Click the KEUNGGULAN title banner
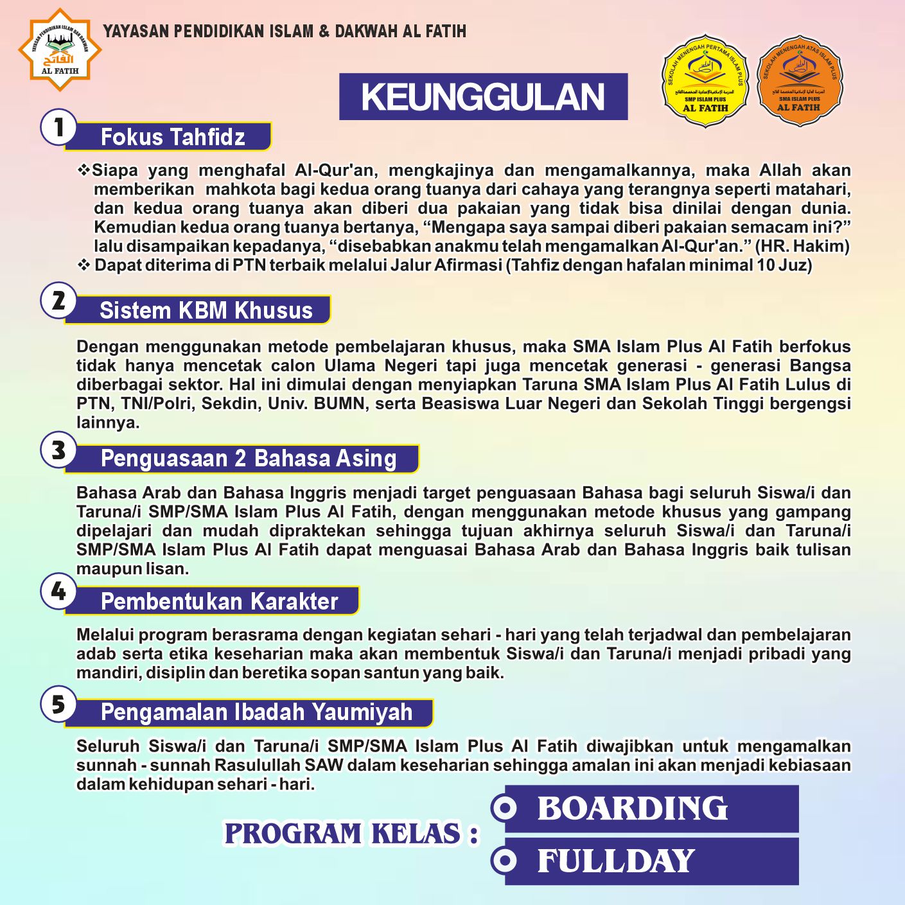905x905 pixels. [483, 97]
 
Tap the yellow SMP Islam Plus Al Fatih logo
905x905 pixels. [705, 80]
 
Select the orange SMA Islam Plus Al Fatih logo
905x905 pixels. [800, 80]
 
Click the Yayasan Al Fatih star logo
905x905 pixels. [60, 49]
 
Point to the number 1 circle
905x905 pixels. [58, 127]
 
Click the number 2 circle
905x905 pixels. [58, 300]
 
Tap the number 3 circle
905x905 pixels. [58, 450]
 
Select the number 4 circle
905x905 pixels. [58, 591]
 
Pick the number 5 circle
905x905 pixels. [58, 704]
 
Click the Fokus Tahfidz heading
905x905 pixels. [173, 137]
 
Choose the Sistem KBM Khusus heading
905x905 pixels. [206, 310]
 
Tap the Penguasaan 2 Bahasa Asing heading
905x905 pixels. [249, 459]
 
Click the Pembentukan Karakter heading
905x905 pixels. [219, 601]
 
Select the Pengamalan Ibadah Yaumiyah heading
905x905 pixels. [256, 712]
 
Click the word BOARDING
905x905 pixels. [633, 808]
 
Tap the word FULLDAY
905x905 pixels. [616, 861]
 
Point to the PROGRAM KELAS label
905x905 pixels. [351, 834]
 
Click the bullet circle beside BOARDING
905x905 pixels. [505, 808]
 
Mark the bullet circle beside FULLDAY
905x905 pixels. [505, 860]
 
